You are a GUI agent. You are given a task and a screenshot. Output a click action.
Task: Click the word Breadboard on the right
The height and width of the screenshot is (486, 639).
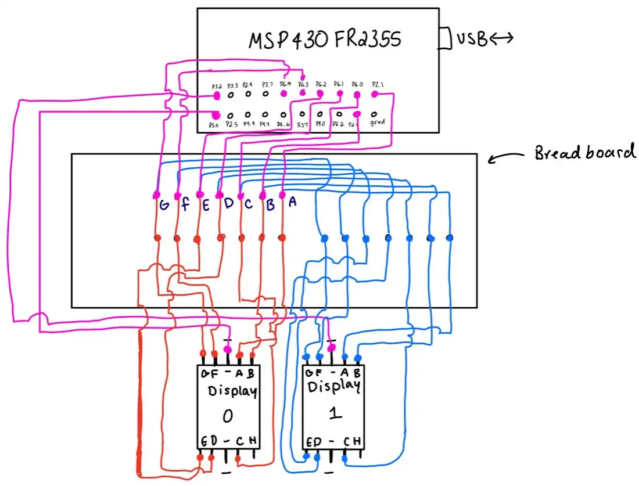[584, 153]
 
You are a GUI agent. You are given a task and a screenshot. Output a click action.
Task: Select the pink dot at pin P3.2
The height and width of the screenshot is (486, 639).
[216, 95]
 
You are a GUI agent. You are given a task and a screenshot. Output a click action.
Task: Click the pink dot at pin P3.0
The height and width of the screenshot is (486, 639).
[216, 115]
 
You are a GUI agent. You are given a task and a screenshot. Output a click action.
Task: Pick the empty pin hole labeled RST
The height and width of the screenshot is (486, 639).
[301, 115]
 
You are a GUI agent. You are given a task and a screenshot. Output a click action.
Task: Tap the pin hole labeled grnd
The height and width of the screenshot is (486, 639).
[374, 115]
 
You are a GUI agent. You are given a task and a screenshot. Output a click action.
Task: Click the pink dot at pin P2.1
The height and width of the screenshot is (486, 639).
[375, 93]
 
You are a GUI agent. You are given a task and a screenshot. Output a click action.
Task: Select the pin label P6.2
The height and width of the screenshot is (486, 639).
[321, 84]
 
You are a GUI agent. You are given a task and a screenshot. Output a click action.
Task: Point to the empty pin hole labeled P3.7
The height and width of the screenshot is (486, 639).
[265, 94]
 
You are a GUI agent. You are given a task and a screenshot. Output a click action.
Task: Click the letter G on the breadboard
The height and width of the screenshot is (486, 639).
[164, 205]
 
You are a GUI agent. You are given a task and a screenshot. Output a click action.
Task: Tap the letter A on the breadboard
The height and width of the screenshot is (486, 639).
[292, 203]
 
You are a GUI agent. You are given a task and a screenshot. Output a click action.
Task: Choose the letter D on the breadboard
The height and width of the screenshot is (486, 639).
[228, 204]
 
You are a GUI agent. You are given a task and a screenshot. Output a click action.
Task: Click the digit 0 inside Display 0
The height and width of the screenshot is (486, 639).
[227, 416]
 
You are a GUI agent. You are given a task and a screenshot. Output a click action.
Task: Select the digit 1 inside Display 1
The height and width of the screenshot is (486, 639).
[335, 413]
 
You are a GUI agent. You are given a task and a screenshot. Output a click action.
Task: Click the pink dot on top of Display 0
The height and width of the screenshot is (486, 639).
[227, 350]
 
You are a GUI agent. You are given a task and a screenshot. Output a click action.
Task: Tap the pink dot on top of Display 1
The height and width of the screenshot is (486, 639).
[332, 348]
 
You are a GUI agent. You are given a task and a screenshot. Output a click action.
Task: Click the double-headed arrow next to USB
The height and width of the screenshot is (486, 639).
[501, 39]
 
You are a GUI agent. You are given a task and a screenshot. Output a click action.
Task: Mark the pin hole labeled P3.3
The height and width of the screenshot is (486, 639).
[231, 95]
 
